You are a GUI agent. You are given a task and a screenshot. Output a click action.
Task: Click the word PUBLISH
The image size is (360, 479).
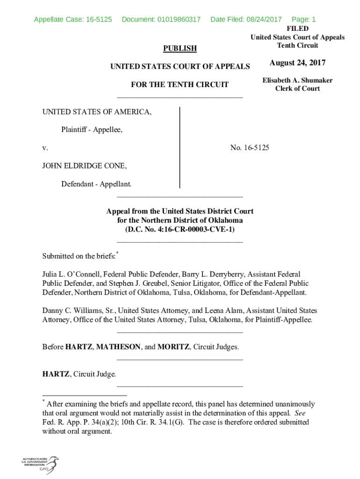pyautogui.click(x=180, y=49)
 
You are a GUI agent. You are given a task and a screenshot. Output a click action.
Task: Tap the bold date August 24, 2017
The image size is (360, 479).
pyautogui.click(x=297, y=63)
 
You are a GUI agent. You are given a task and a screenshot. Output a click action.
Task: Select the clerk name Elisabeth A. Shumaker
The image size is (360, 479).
pyautogui.click(x=297, y=80)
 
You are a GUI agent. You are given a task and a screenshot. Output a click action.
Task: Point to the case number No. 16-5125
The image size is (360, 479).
pyautogui.click(x=250, y=148)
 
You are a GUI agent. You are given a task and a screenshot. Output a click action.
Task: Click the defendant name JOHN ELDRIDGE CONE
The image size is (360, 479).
pyautogui.click(x=84, y=166)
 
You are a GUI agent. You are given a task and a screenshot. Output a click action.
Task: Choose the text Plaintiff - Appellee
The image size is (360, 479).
pyautogui.click(x=92, y=130)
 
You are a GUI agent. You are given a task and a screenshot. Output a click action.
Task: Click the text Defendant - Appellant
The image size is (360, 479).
pyautogui.click(x=96, y=184)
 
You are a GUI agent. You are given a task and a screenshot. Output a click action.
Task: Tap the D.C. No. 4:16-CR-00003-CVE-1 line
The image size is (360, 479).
pyautogui.click(x=180, y=229)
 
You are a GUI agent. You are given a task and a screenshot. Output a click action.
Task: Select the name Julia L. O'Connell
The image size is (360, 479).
pyautogui.click(x=71, y=274)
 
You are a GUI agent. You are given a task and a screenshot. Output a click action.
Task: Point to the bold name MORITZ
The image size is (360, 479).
pyautogui.click(x=173, y=347)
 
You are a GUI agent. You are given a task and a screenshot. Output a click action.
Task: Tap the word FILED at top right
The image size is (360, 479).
pyautogui.click(x=297, y=29)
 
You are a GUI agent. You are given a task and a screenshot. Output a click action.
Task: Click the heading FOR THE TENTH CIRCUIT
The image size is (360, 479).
pyautogui.click(x=180, y=85)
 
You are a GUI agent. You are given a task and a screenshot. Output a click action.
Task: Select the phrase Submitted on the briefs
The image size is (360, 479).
pyautogui.click(x=79, y=256)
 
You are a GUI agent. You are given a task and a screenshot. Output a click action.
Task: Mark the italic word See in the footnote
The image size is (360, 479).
pyautogui.click(x=300, y=413)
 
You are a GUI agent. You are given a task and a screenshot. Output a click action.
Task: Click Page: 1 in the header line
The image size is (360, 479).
pyautogui.click(x=303, y=20)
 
